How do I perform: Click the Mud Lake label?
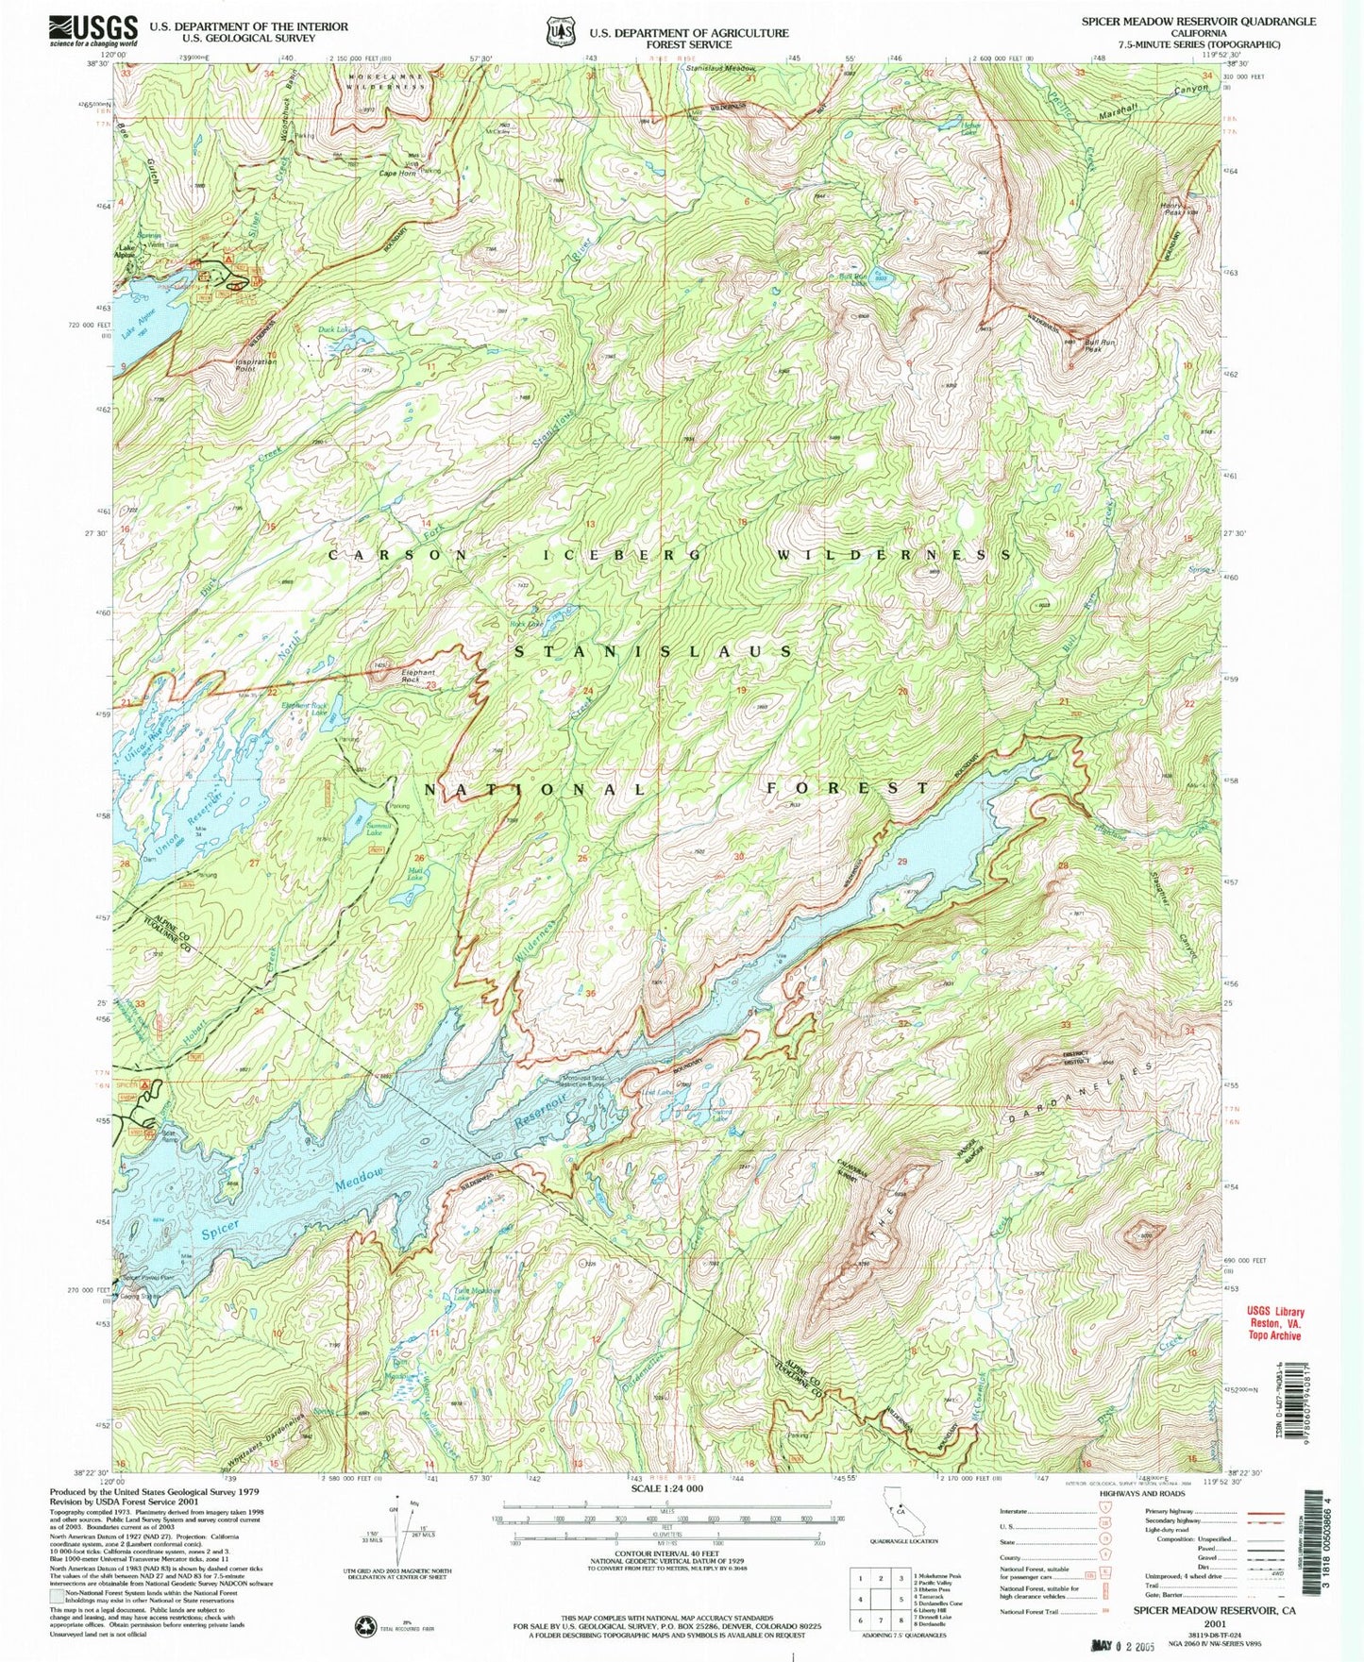tap(415, 875)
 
